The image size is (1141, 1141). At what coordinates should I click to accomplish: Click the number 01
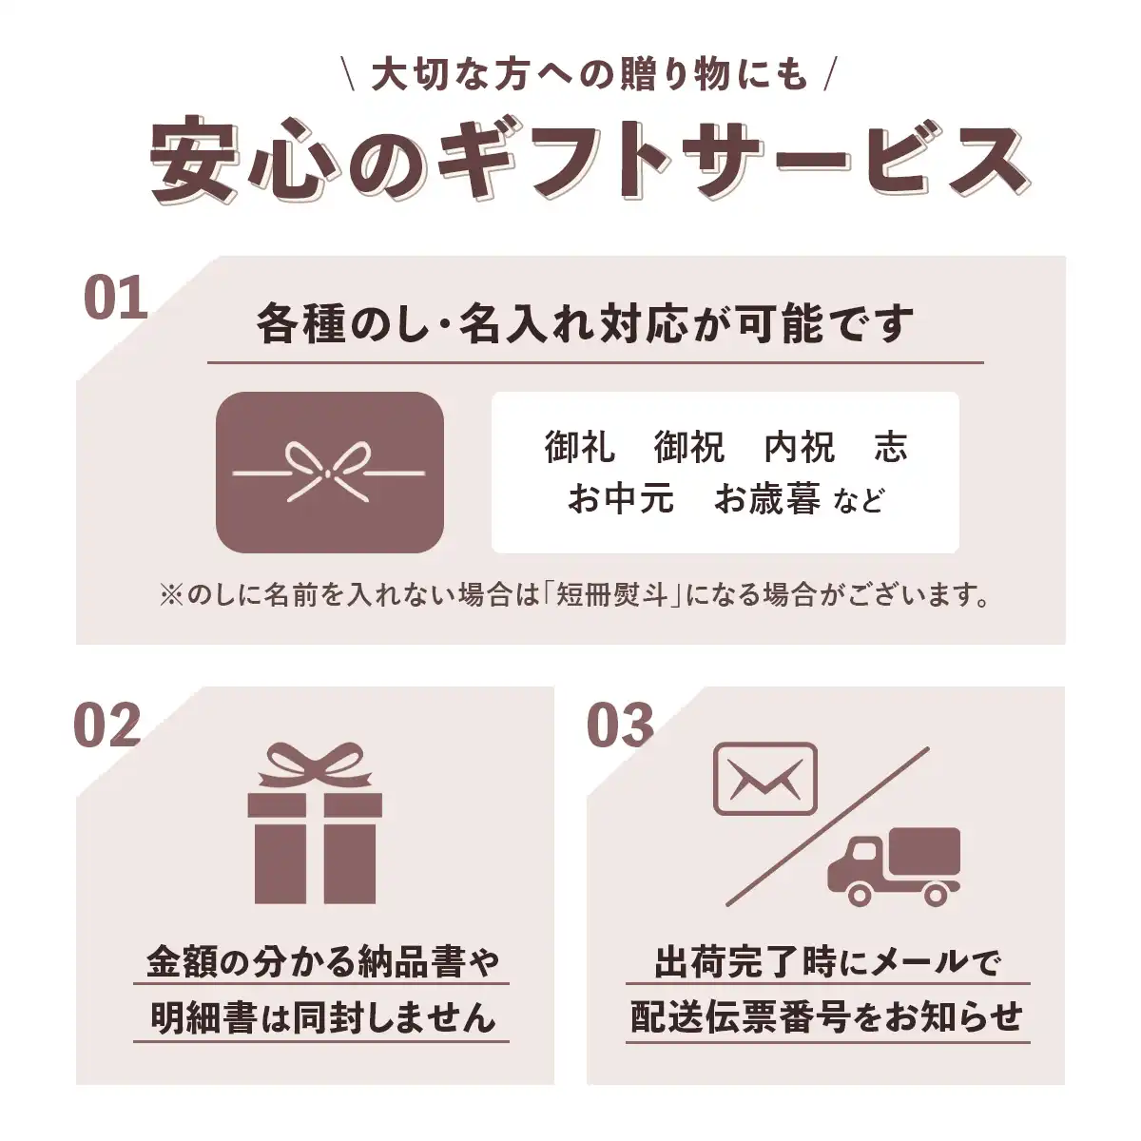(115, 298)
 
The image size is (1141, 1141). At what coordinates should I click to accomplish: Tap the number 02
(107, 725)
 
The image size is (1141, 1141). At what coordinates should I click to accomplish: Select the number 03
(620, 725)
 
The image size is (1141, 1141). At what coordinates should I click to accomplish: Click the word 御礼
(580, 447)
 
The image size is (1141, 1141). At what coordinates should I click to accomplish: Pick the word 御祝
(689, 447)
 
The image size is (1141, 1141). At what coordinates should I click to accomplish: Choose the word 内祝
(800, 447)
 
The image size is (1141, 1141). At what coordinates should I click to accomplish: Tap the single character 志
(891, 447)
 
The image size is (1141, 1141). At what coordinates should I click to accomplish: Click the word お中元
(621, 498)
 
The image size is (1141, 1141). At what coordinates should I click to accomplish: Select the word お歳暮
(766, 498)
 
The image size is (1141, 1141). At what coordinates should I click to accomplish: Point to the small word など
(860, 501)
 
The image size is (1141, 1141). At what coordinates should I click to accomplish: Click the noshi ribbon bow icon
(329, 473)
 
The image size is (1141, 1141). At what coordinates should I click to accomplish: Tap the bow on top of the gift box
(315, 766)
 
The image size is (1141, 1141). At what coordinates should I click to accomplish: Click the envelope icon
(765, 779)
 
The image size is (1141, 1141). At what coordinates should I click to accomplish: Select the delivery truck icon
(894, 867)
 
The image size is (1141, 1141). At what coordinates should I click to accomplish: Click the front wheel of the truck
(861, 894)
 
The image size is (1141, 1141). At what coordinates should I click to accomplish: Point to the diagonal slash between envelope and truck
(827, 827)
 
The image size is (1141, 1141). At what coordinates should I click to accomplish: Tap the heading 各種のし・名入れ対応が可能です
(585, 323)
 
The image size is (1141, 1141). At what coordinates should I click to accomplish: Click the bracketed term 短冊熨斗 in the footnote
(611, 594)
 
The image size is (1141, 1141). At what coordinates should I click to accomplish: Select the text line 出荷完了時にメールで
(827, 962)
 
